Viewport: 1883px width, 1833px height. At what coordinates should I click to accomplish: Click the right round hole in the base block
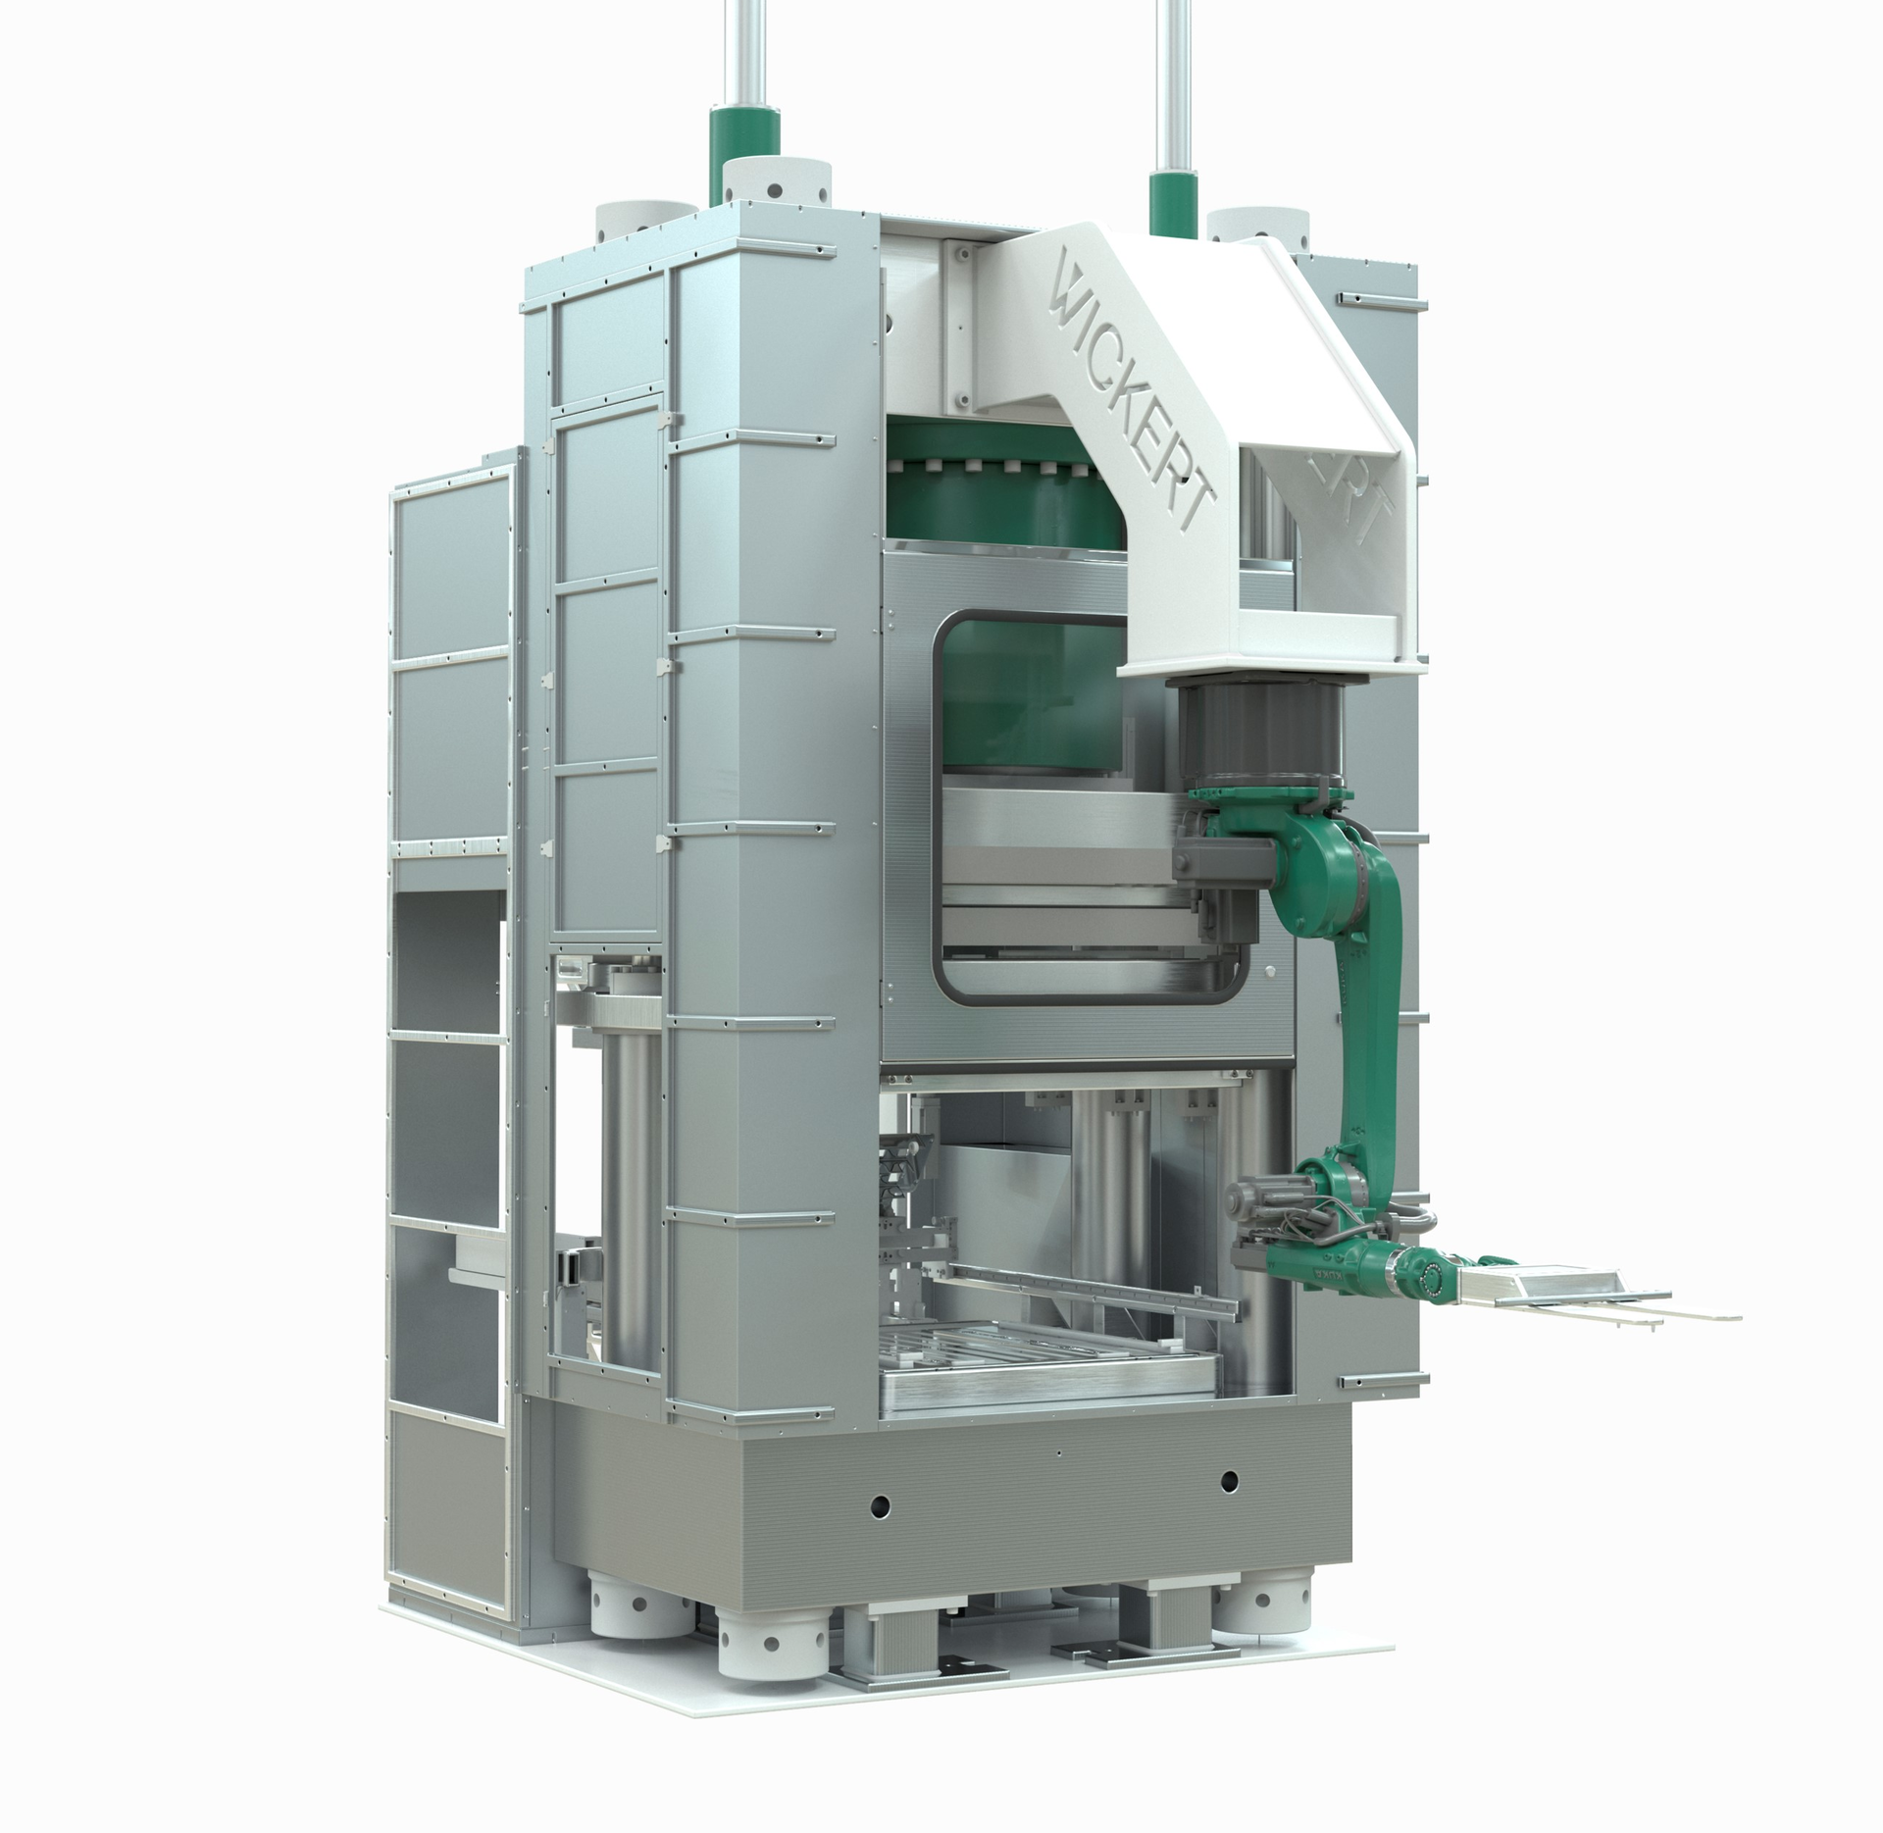[1229, 1505]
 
